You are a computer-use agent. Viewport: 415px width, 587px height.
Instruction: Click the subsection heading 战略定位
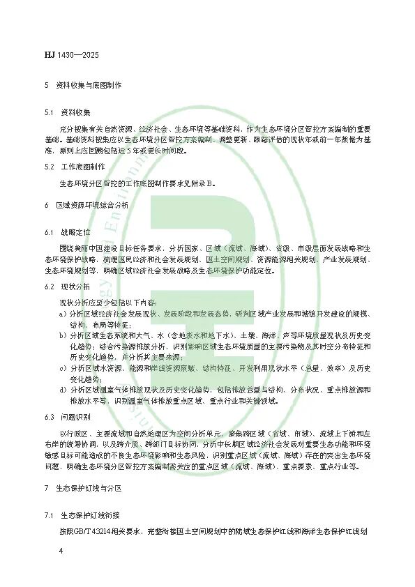point(77,231)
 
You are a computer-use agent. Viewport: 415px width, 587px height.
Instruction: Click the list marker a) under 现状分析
point(62,314)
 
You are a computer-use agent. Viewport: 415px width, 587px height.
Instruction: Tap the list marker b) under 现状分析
point(62,335)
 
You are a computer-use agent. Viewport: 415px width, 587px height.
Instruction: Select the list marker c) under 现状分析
point(62,367)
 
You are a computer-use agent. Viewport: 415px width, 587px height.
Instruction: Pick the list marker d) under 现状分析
point(62,388)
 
